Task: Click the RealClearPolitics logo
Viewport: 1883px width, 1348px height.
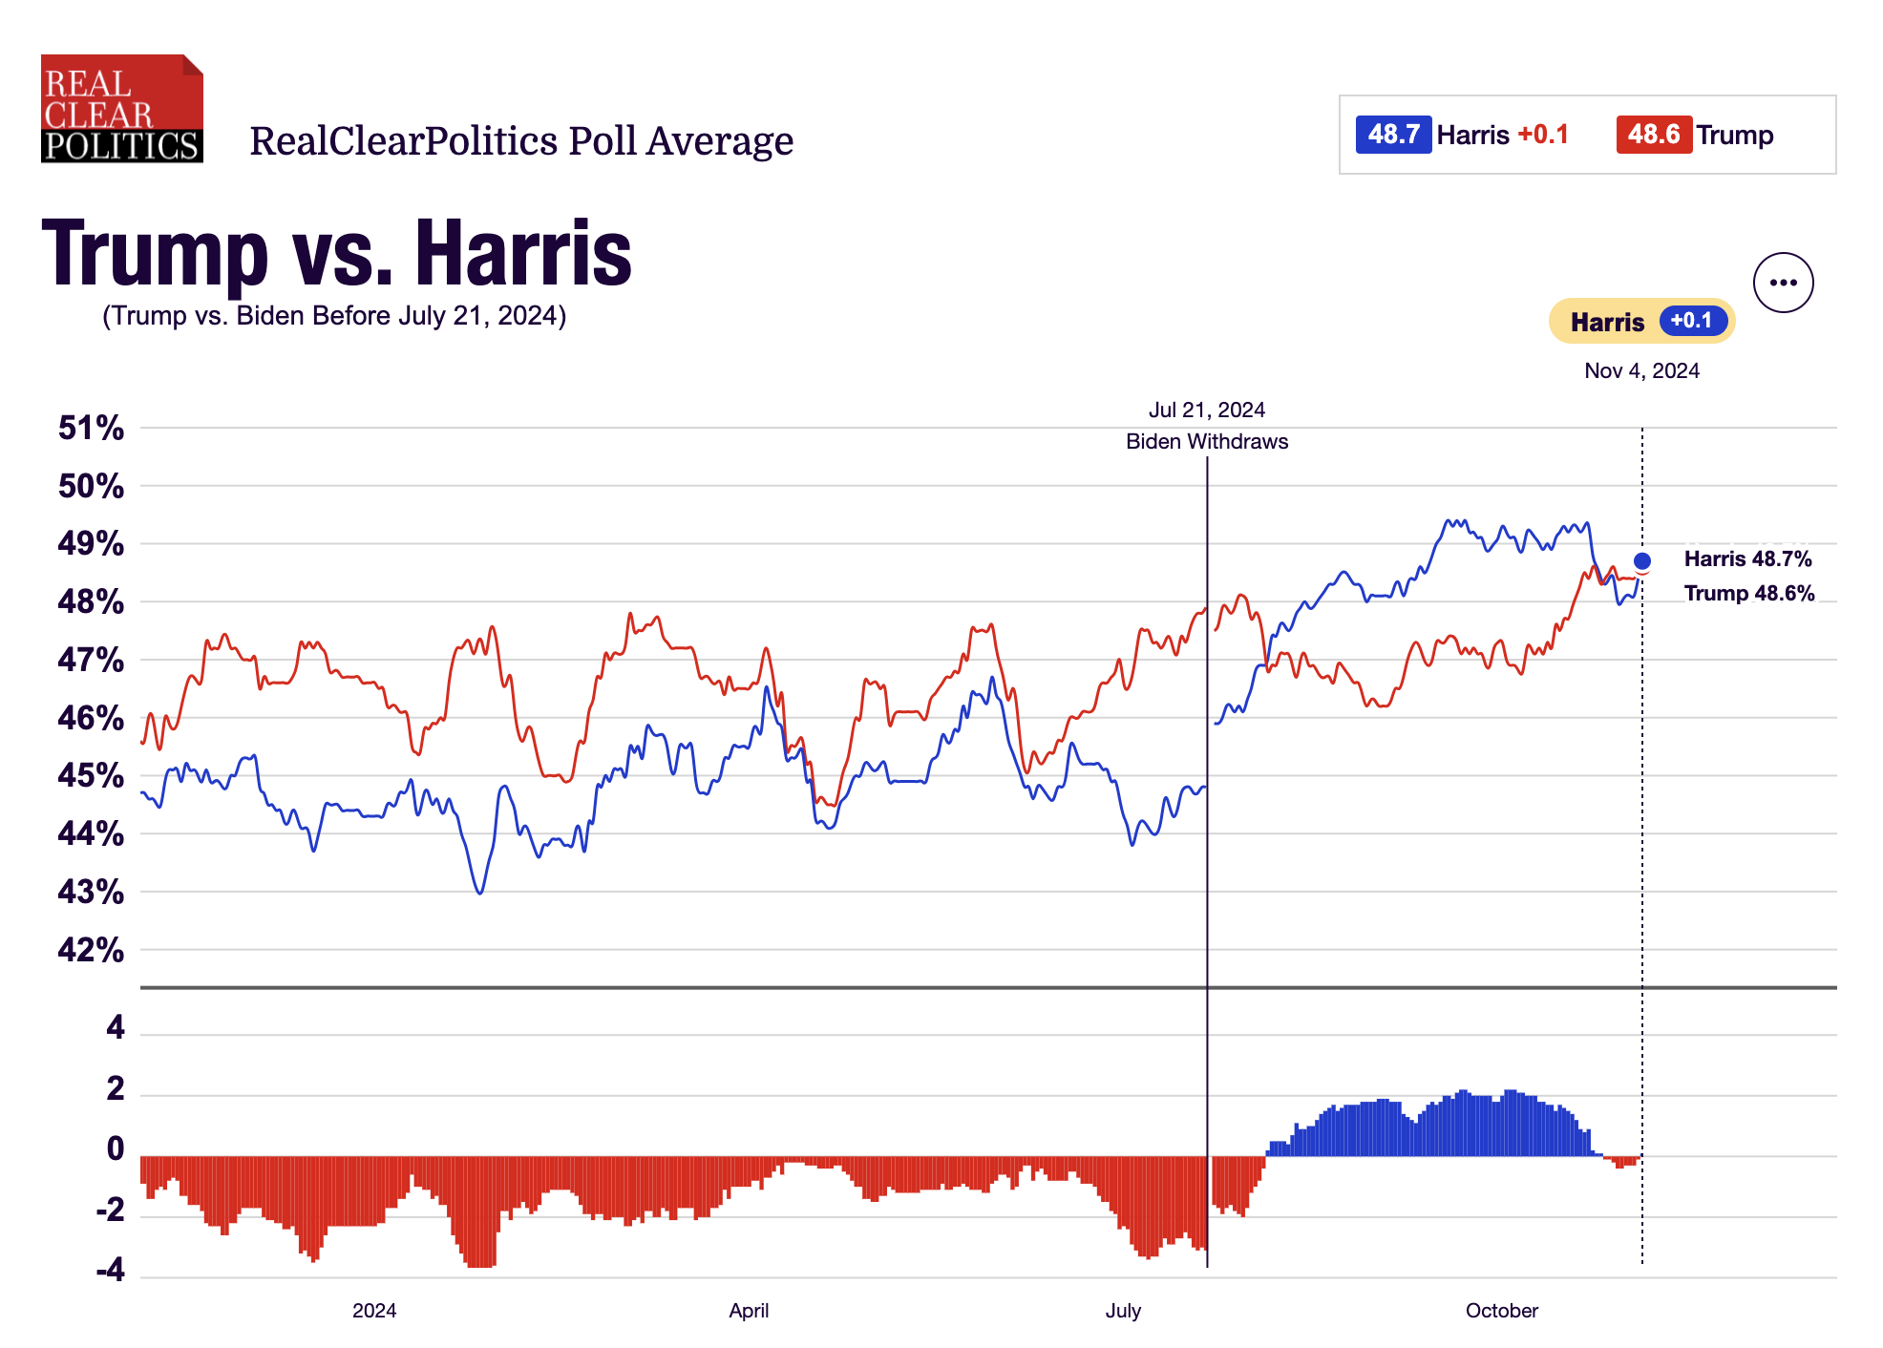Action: (x=121, y=108)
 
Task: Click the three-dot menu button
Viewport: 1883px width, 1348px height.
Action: (x=1782, y=283)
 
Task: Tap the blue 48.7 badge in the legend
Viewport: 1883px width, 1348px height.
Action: (x=1392, y=135)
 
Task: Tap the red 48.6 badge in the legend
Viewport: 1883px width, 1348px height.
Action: (x=1653, y=135)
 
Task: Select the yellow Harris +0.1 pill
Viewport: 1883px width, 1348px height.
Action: (x=1640, y=322)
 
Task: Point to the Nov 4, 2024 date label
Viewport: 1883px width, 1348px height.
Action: (x=1640, y=370)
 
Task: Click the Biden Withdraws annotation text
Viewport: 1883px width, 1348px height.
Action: (x=1206, y=441)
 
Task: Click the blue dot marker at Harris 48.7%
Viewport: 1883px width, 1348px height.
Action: (x=1641, y=560)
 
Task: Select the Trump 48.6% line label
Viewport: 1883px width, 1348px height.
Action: (x=1747, y=593)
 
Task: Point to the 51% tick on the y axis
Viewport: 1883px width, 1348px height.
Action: (x=91, y=428)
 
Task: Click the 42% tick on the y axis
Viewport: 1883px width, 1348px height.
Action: (x=91, y=950)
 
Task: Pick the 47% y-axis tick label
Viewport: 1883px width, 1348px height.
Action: (x=91, y=660)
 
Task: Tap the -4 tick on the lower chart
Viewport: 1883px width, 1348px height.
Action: (x=110, y=1270)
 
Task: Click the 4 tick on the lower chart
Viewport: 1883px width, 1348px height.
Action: (x=116, y=1027)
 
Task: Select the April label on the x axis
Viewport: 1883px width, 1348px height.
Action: (x=748, y=1311)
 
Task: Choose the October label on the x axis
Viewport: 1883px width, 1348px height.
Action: (x=1501, y=1311)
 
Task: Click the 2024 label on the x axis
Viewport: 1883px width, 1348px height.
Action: (x=373, y=1311)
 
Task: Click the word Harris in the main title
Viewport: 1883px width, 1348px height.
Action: (x=523, y=253)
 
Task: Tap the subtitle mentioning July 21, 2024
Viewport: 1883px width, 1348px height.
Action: (x=334, y=316)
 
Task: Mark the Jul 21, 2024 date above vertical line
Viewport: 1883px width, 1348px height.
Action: (x=1206, y=410)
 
